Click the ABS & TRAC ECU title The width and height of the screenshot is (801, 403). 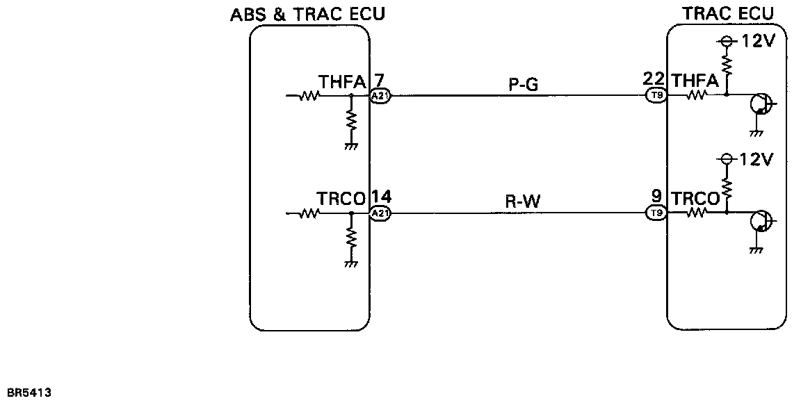pos(307,14)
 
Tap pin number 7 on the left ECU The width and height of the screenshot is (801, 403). pos(380,80)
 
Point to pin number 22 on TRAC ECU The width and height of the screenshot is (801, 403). pos(655,79)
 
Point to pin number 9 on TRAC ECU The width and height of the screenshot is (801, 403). pos(656,197)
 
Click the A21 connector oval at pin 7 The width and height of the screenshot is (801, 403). pos(380,97)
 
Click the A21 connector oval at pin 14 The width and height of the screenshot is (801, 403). pos(380,214)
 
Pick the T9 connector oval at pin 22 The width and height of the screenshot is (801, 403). pos(656,96)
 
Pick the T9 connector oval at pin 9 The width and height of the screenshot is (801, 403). pos(656,213)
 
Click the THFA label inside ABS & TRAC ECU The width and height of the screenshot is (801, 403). pos(342,83)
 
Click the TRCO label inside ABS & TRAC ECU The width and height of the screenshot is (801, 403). pos(342,199)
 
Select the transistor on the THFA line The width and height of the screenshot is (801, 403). pos(761,105)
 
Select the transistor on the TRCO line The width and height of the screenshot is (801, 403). pos(761,222)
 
